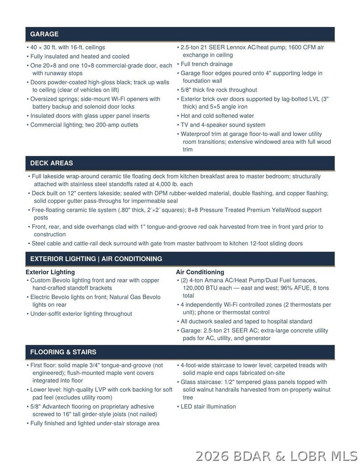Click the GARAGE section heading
(x=44, y=34)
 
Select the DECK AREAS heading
(x=51, y=163)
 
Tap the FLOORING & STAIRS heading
(x=63, y=352)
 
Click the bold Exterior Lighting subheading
(x=50, y=272)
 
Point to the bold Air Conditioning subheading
(x=200, y=272)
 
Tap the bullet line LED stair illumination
(x=208, y=407)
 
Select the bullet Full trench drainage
(x=207, y=64)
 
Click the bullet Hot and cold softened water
(x=217, y=116)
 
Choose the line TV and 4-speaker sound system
(x=223, y=125)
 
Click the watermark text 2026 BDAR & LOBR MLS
(x=276, y=456)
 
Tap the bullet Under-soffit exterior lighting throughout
(x=81, y=314)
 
